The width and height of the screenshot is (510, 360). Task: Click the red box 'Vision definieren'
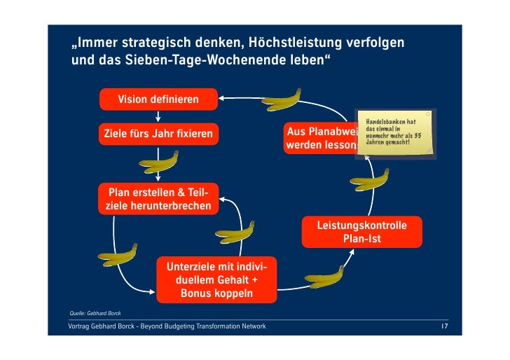point(158,98)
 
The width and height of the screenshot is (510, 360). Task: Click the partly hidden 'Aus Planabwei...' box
point(322,139)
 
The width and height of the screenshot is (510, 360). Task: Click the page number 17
point(444,327)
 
